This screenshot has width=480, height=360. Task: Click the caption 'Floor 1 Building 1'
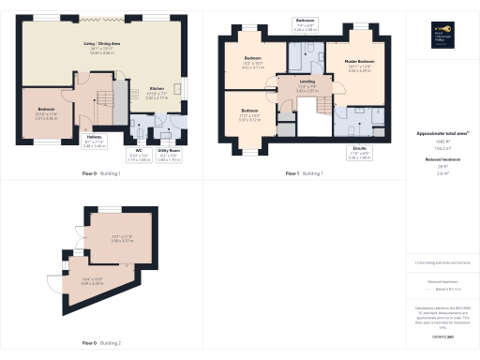tap(304, 174)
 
